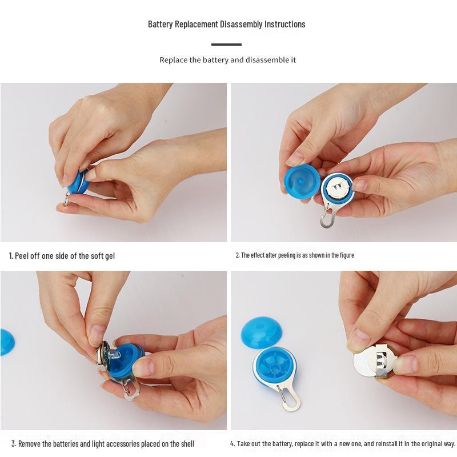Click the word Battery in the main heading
pos(160,24)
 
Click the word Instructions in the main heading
pos(284,24)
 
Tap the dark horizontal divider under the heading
pos(226,45)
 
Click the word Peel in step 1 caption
pos(21,256)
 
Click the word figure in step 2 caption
pos(347,255)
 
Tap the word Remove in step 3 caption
pos(29,444)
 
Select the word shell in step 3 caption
pos(187,444)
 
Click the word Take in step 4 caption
pos(243,444)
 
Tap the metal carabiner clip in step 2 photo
pos(328,215)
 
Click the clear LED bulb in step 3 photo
pos(115,355)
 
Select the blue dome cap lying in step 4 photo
pos(262,332)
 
